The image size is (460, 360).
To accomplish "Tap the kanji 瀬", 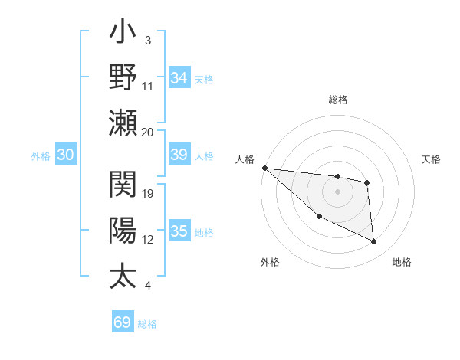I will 123,122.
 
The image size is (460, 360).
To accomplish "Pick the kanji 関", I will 123,185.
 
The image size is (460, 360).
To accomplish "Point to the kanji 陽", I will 123,231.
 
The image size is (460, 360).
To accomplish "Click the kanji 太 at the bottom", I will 123,276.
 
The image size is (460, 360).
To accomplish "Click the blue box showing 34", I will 179,78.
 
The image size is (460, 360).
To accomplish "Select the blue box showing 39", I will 179,155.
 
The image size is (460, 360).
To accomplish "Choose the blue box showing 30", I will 65,155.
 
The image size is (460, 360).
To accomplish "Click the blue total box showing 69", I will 123,322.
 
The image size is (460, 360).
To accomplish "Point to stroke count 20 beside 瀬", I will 148,132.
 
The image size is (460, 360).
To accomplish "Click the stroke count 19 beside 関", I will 148,193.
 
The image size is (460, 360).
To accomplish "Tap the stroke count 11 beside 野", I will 148,87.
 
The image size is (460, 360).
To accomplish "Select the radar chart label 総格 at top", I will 337,100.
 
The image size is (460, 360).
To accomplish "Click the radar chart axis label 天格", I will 432,159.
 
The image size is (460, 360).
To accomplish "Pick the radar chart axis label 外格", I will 270,262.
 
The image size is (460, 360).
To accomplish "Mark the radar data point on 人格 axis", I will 264,168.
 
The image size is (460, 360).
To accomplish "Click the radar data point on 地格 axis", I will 374,242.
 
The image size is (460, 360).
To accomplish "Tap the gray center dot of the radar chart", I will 337,191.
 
